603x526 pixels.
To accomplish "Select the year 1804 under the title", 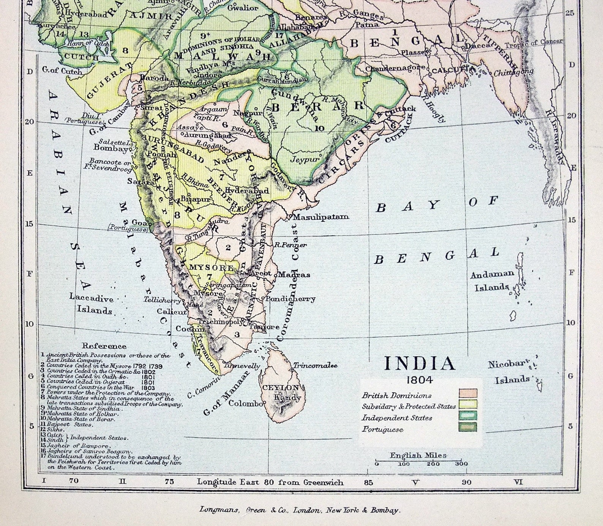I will pyautogui.click(x=419, y=379).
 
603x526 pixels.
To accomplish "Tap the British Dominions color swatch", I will pyautogui.click(x=468, y=393).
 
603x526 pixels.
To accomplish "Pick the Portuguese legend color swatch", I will pyautogui.click(x=468, y=427).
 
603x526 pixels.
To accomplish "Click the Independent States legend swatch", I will pyautogui.click(x=468, y=416).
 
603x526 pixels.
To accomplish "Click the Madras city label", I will pyautogui.click(x=294, y=274).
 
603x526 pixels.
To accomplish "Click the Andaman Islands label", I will pyautogui.click(x=492, y=281).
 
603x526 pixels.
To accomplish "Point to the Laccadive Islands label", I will pyautogui.click(x=91, y=304).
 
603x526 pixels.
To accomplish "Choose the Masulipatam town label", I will pyautogui.click(x=320, y=217).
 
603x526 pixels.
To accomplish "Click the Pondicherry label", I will pyautogui.click(x=291, y=299).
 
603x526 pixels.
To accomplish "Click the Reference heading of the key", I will pyautogui.click(x=104, y=346).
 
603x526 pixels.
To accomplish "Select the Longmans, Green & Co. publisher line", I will pyautogui.click(x=299, y=510).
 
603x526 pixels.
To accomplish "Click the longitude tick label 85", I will pyautogui.click(x=368, y=482).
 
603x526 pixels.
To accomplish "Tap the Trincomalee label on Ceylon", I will pyautogui.click(x=315, y=366).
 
